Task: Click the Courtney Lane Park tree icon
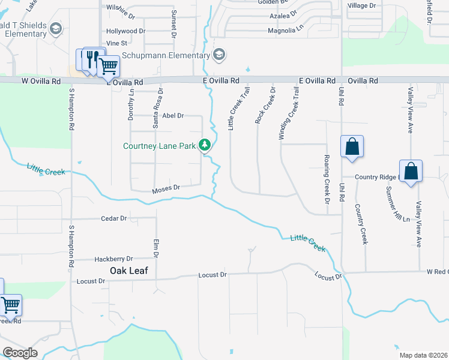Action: point(205,145)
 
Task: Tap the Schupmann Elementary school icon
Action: point(219,55)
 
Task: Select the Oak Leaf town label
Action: point(128,271)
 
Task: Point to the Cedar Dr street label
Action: point(114,218)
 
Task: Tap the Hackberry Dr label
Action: point(113,259)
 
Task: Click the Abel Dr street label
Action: point(172,115)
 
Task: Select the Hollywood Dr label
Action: point(125,31)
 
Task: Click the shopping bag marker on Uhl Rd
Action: point(351,146)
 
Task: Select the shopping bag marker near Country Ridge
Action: point(411,171)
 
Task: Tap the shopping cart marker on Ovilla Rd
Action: point(107,66)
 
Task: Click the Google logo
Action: point(20,353)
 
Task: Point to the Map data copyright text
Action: point(423,355)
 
